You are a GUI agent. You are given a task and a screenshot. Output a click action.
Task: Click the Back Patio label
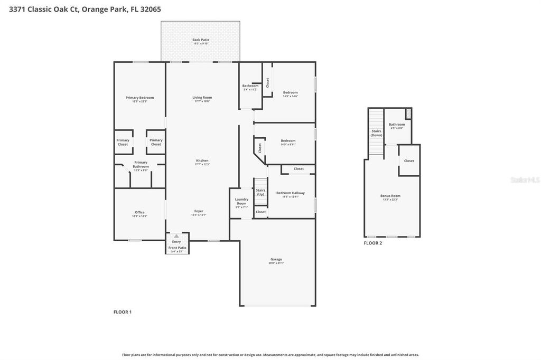200,40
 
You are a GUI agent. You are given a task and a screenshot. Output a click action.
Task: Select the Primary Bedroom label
139,98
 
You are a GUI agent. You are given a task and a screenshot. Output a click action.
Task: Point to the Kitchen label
202,161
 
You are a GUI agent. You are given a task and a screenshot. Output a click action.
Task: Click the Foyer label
199,212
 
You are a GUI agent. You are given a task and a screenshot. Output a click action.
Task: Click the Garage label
276,260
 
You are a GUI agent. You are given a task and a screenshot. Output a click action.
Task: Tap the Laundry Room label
241,202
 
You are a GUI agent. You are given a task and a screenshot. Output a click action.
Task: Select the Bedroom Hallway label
291,194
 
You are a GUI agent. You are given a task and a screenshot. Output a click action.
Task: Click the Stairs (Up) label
260,192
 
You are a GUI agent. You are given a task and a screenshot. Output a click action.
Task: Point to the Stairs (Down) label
376,133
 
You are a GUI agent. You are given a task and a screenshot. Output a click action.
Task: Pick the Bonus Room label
390,196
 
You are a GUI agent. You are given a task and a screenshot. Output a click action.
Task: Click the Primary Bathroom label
141,165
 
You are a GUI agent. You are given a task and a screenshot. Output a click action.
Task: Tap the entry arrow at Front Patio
176,236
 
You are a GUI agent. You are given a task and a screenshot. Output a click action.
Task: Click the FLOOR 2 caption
372,243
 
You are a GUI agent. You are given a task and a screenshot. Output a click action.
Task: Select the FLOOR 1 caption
123,312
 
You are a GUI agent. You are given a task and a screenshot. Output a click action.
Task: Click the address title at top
85,9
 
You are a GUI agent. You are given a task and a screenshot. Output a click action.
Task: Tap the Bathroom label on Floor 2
397,125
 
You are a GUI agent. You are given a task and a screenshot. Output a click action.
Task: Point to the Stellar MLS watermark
524,180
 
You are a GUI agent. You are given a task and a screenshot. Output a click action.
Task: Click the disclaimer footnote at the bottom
270,355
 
